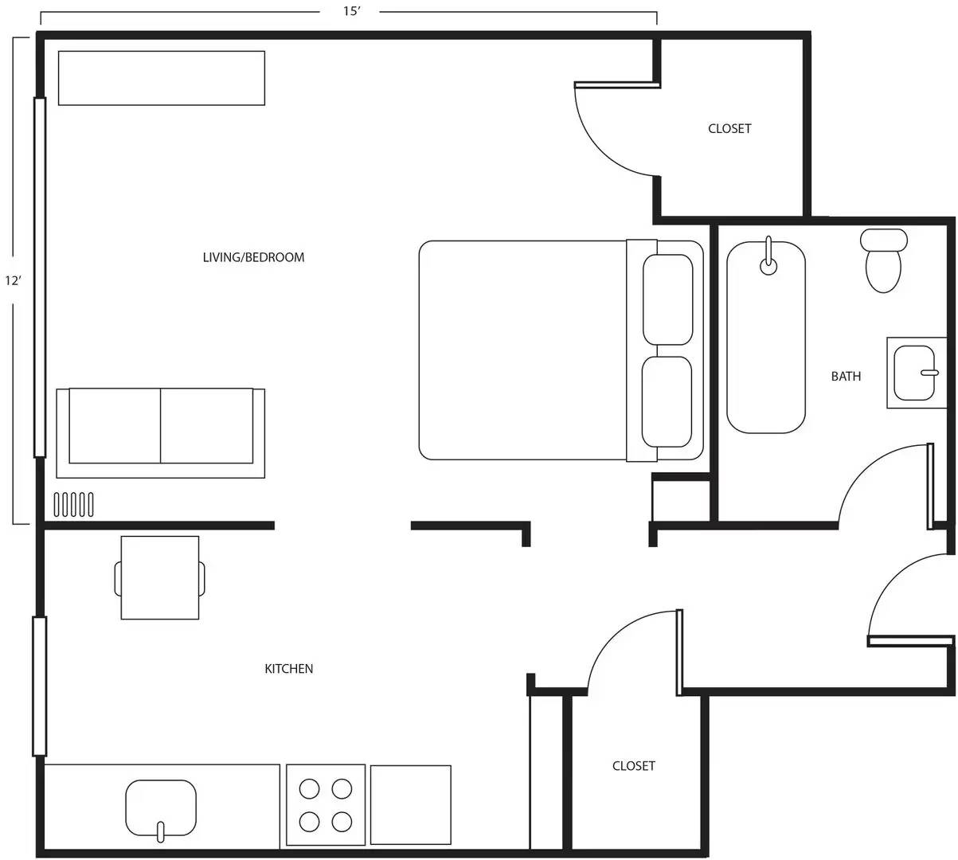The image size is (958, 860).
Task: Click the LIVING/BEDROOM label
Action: [253, 257]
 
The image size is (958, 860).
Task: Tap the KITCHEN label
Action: [288, 669]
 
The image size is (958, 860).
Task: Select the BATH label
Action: [846, 376]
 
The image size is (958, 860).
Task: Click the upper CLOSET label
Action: [729, 128]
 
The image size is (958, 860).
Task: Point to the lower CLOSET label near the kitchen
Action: [633, 766]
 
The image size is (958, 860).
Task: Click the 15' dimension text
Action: [350, 12]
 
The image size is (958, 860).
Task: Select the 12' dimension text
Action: [14, 280]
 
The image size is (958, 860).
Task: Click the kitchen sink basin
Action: [161, 808]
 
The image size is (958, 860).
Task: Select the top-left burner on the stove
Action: [309, 788]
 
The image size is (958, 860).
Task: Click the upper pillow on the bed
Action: [667, 299]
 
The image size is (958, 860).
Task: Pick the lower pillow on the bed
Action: [667, 402]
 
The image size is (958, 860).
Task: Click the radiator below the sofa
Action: [73, 504]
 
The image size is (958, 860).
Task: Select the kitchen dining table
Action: [160, 577]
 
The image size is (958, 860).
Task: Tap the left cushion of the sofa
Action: [115, 426]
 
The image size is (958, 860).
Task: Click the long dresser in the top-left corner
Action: [161, 78]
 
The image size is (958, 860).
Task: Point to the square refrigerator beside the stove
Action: [410, 804]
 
